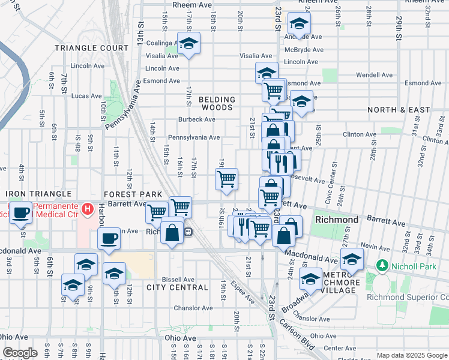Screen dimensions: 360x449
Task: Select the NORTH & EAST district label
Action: (399, 110)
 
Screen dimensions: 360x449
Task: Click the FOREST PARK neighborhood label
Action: (133, 194)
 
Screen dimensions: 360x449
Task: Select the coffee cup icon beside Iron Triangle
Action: (22, 213)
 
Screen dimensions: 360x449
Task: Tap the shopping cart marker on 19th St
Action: (226, 178)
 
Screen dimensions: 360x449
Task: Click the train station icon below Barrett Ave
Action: (188, 231)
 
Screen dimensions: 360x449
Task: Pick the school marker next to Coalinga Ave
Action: (188, 43)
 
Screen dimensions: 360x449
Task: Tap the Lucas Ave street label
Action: (86, 95)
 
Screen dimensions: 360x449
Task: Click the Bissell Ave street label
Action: (178, 280)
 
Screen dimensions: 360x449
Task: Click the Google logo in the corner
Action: (20, 353)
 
